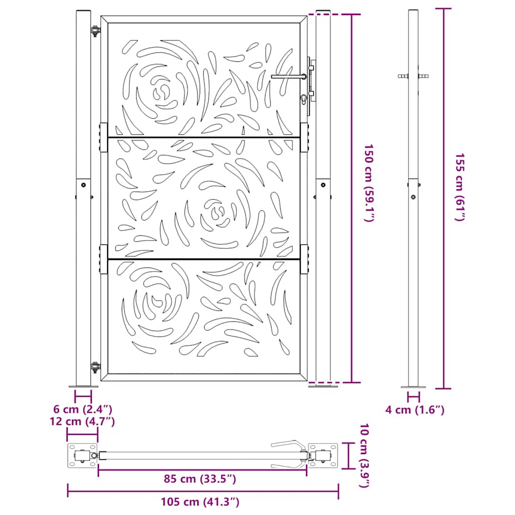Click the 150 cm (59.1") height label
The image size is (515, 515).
coord(369,184)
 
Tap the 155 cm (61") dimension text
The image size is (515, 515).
coord(460,187)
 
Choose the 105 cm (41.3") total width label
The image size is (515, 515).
coord(200,501)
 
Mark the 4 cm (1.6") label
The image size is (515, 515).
coord(415,410)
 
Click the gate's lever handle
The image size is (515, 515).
coord(288,76)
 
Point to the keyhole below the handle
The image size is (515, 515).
coord(303,99)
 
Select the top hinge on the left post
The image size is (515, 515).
coord(94,31)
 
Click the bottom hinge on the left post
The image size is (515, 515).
coord(94,368)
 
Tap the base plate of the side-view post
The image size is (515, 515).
coord(413,387)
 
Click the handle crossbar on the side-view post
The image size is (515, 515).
coord(413,76)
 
